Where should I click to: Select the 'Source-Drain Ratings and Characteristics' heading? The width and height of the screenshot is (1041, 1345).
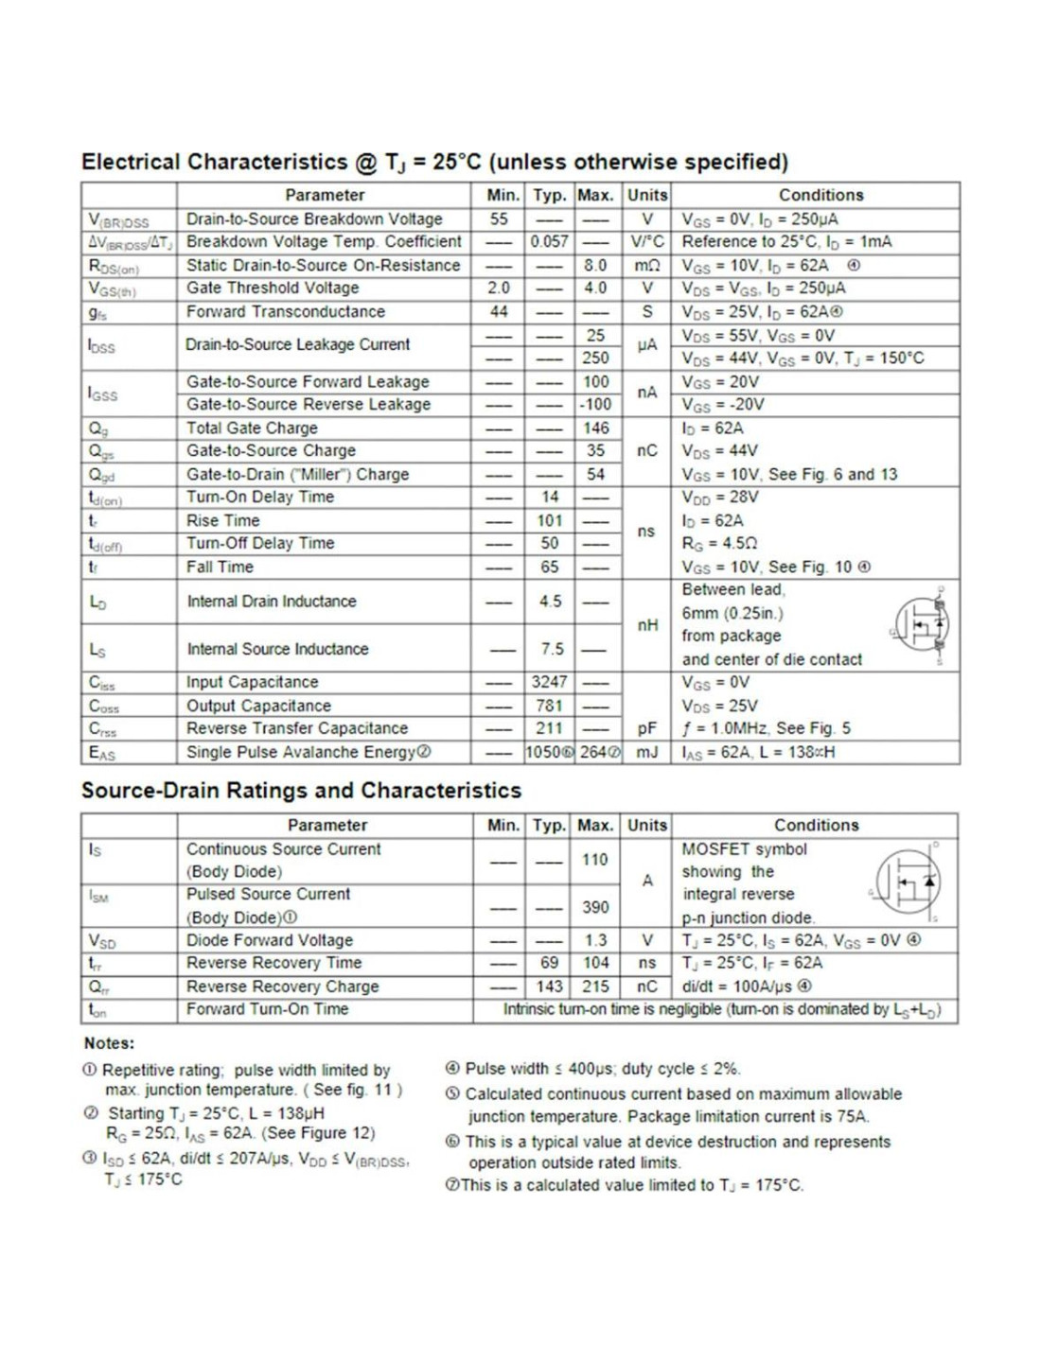tap(301, 791)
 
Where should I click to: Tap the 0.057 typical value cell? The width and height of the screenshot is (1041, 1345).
tap(549, 242)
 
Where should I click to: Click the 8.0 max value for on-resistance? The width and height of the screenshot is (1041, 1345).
tap(595, 266)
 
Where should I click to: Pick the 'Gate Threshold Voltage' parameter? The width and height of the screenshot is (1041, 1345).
tap(273, 288)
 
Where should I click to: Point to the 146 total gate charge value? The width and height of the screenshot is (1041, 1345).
tap(595, 428)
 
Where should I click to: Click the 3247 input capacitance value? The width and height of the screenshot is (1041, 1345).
tap(549, 682)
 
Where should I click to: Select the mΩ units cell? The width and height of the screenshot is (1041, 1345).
tap(647, 266)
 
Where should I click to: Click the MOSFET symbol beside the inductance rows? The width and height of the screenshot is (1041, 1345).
tap(921, 625)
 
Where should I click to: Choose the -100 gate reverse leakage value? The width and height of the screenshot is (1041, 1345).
tap(595, 405)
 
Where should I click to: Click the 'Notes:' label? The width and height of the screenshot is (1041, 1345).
tap(109, 1043)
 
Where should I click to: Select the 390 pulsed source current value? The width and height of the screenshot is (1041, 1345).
tap(595, 907)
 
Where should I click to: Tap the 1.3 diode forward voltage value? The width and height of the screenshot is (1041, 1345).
tap(595, 940)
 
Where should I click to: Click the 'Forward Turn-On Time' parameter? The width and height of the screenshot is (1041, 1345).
tap(267, 1009)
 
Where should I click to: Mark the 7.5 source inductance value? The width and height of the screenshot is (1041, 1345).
tap(552, 649)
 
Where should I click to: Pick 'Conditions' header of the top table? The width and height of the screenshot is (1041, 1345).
tap(820, 196)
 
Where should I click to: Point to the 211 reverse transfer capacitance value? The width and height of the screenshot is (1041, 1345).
tap(549, 728)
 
